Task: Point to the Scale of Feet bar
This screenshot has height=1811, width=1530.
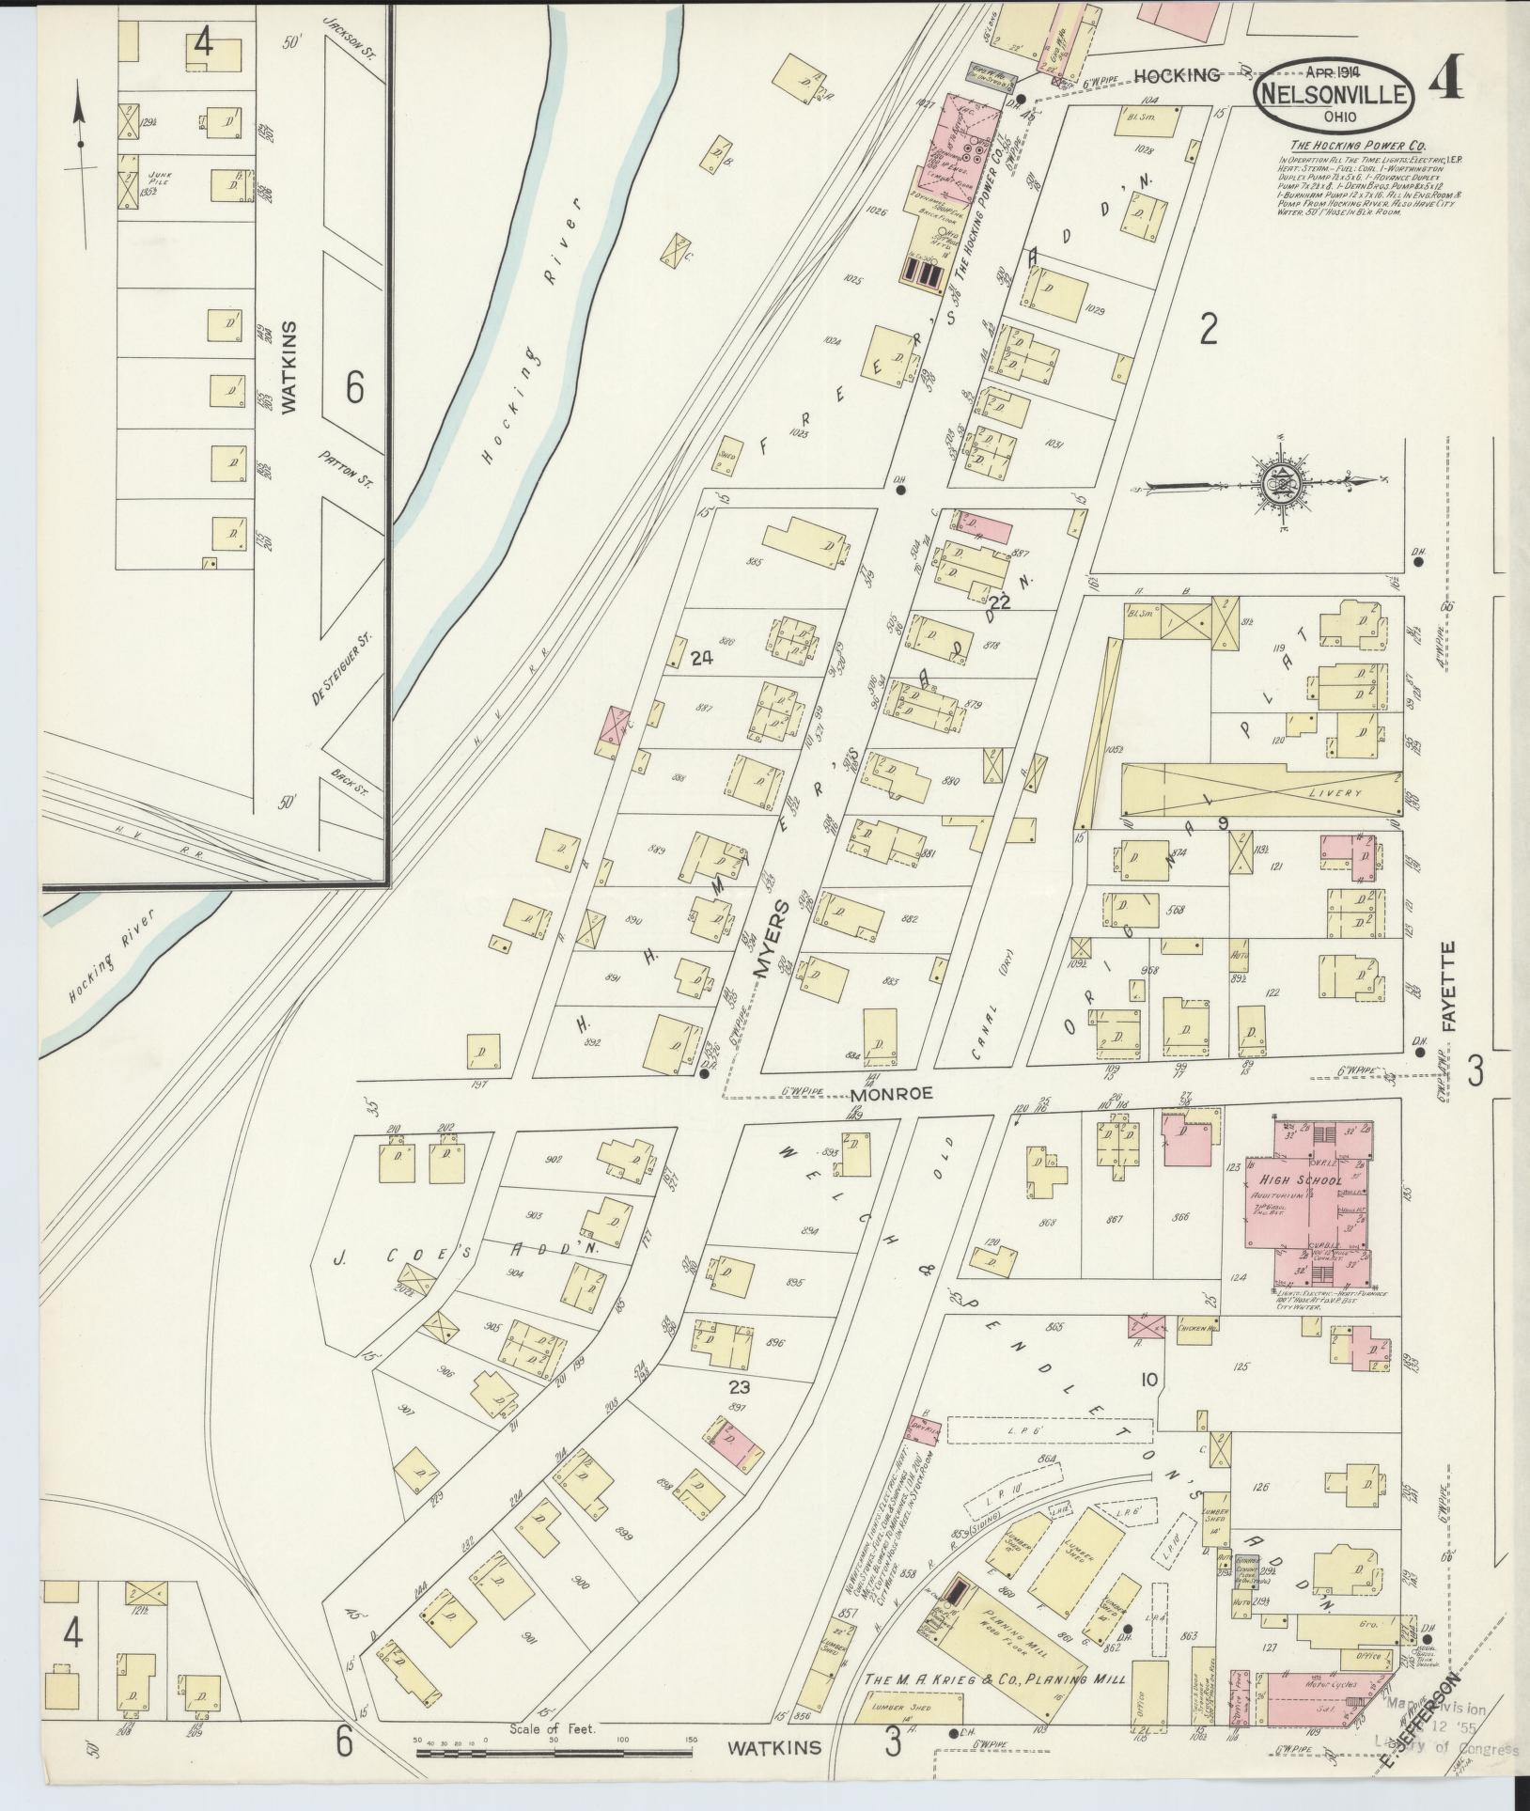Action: (554, 1753)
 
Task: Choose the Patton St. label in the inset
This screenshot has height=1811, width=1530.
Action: (345, 468)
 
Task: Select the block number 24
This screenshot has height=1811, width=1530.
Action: (701, 659)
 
